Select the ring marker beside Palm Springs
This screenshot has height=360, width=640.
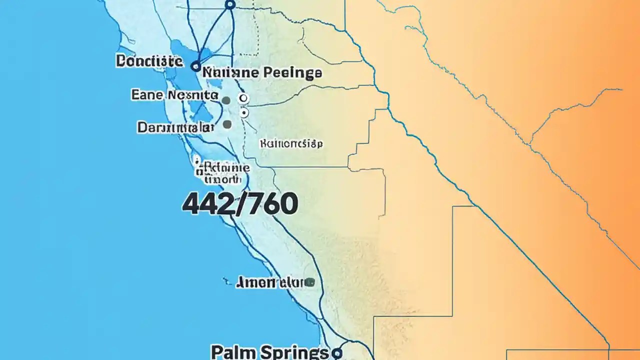[337, 353]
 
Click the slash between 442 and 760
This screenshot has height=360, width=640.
[237, 204]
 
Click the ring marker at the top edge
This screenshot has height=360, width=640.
[230, 4]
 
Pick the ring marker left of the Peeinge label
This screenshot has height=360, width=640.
[195, 65]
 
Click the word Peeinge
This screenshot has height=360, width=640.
[293, 73]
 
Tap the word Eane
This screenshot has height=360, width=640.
[146, 94]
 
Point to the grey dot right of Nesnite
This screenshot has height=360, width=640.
[226, 100]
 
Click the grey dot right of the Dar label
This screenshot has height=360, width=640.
[227, 124]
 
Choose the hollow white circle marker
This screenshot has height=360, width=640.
[243, 98]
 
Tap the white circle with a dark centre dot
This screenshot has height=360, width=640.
[244, 113]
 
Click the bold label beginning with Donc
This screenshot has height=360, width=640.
[149, 61]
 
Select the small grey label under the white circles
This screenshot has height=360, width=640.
[291, 144]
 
